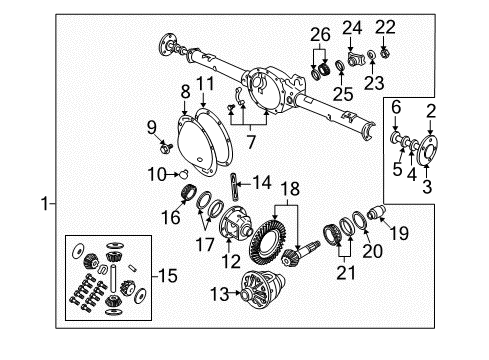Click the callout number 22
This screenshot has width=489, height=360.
point(386,25)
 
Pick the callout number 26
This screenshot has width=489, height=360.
point(319,36)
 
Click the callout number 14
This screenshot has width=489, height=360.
point(262,182)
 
